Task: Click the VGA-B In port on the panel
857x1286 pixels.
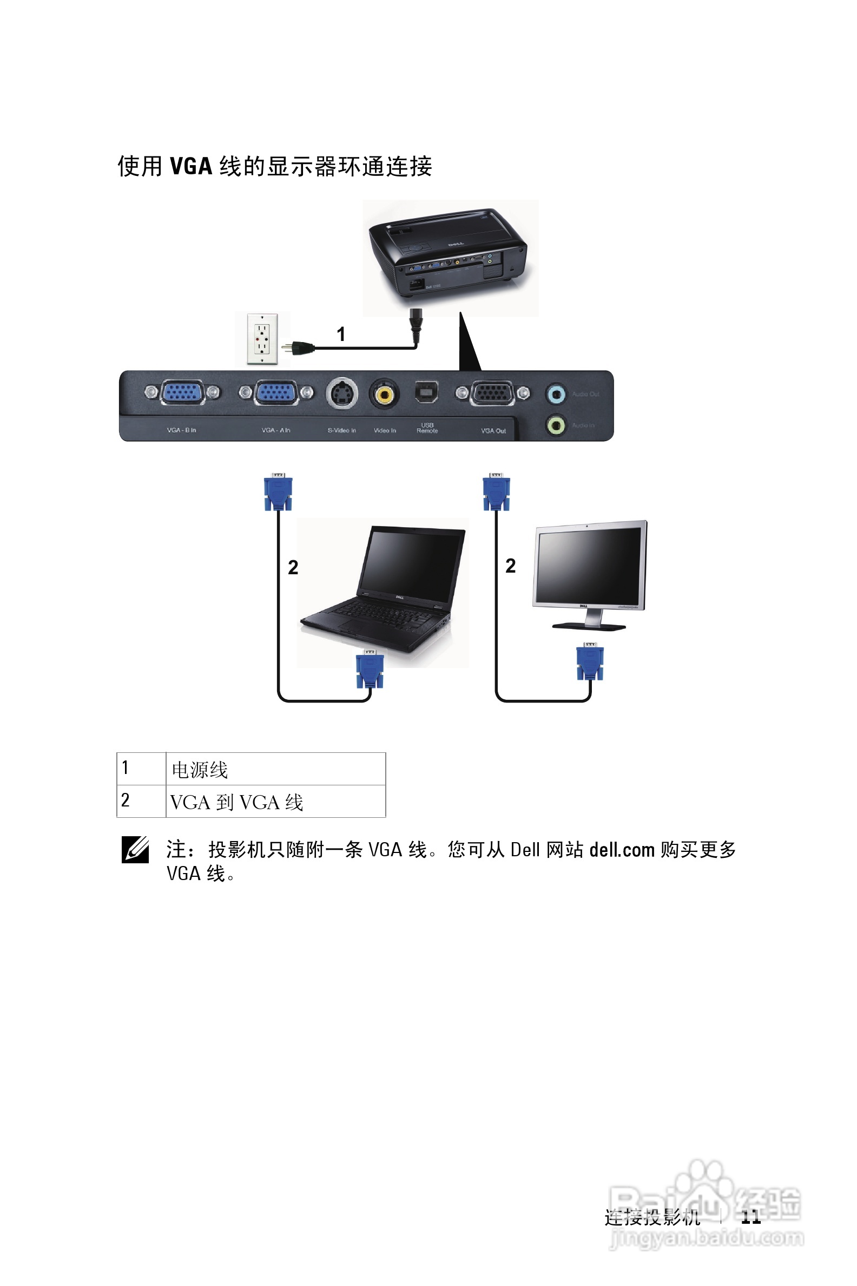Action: coord(182,392)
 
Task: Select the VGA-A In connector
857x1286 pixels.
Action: coord(276,392)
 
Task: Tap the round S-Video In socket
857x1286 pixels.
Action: coord(341,393)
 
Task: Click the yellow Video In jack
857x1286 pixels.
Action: coord(384,393)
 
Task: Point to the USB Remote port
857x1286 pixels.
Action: coord(426,392)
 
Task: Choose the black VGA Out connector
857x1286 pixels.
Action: coord(492,393)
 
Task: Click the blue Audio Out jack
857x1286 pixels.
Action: coord(556,393)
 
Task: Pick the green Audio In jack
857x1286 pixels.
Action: coord(556,425)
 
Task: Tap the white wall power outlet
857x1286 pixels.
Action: coord(262,338)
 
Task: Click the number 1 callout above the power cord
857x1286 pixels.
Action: coord(341,333)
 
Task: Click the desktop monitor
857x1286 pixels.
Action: coord(589,574)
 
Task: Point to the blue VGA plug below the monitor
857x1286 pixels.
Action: coord(590,661)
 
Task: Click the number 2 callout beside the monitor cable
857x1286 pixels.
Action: coord(511,566)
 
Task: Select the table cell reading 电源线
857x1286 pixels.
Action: coord(275,769)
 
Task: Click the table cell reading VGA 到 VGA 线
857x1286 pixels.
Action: coord(275,802)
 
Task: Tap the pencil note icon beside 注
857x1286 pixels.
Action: coord(135,850)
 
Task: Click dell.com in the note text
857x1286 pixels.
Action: coord(622,850)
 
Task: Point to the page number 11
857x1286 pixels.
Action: coord(751,1217)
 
